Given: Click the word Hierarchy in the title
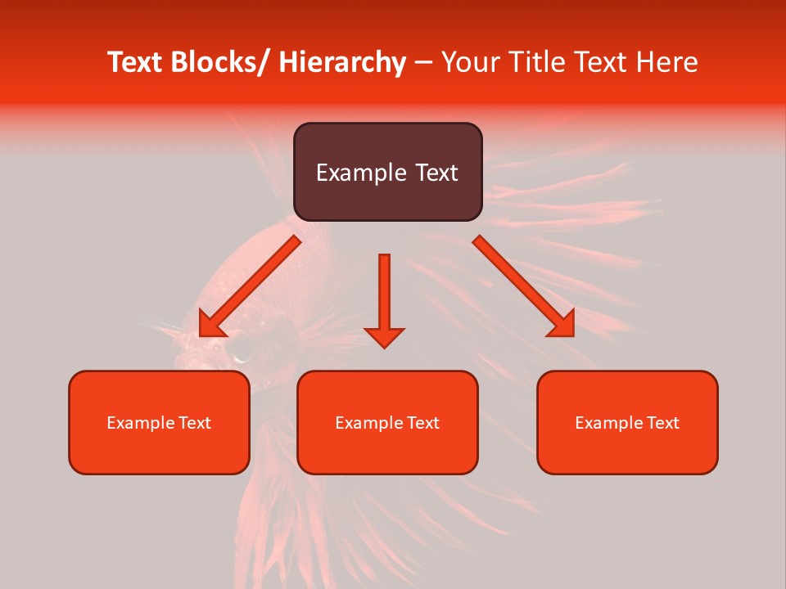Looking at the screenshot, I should click(341, 62).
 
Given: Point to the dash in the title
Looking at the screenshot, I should click(423, 62).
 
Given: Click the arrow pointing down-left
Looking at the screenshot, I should click(248, 287).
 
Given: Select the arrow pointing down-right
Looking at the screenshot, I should click(524, 286).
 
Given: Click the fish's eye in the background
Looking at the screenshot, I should click(241, 349).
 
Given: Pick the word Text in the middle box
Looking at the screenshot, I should click(422, 423).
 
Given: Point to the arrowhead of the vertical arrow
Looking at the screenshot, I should click(384, 337).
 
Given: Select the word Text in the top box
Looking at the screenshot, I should click(433, 173).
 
